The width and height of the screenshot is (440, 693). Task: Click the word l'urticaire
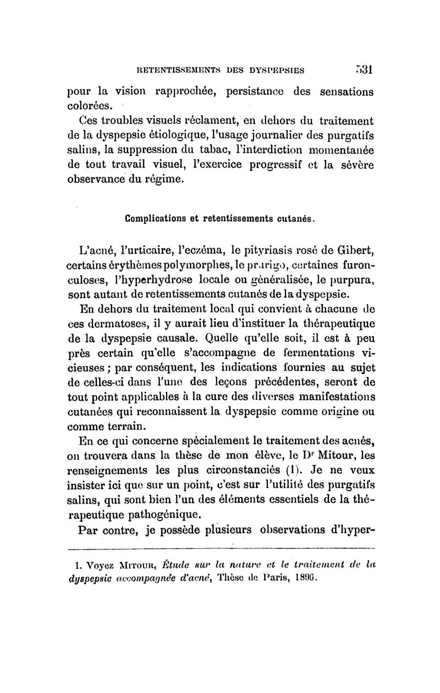coord(134,252)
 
